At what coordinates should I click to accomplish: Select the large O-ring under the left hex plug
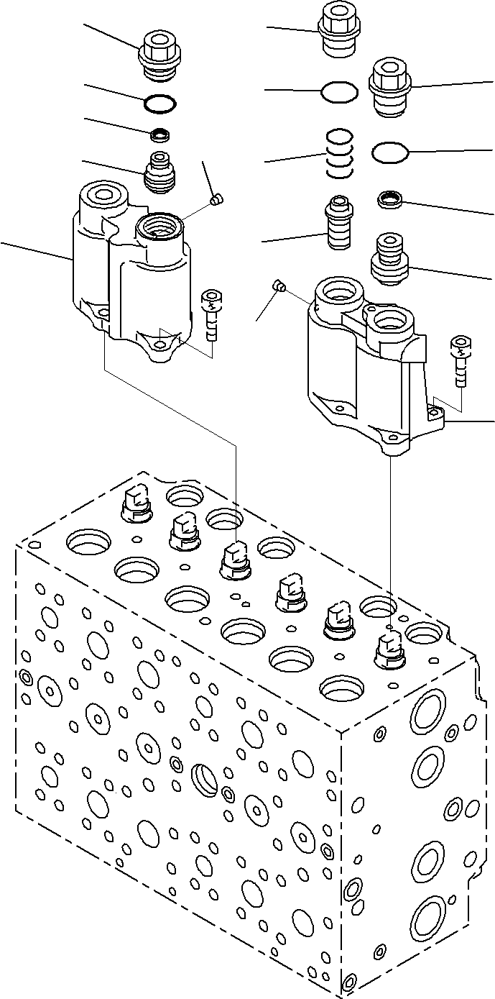point(158,104)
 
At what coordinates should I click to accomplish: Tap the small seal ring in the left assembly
point(160,134)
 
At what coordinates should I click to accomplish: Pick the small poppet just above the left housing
point(160,173)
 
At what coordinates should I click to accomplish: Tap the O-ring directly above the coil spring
point(339,91)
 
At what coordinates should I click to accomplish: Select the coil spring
point(338,153)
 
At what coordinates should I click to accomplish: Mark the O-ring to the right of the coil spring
point(390,152)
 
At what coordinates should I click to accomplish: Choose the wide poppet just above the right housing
point(389,259)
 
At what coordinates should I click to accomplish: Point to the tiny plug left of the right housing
point(279,288)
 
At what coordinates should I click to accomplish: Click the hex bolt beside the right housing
point(459,360)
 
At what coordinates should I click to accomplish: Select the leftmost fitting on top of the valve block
point(135,503)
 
